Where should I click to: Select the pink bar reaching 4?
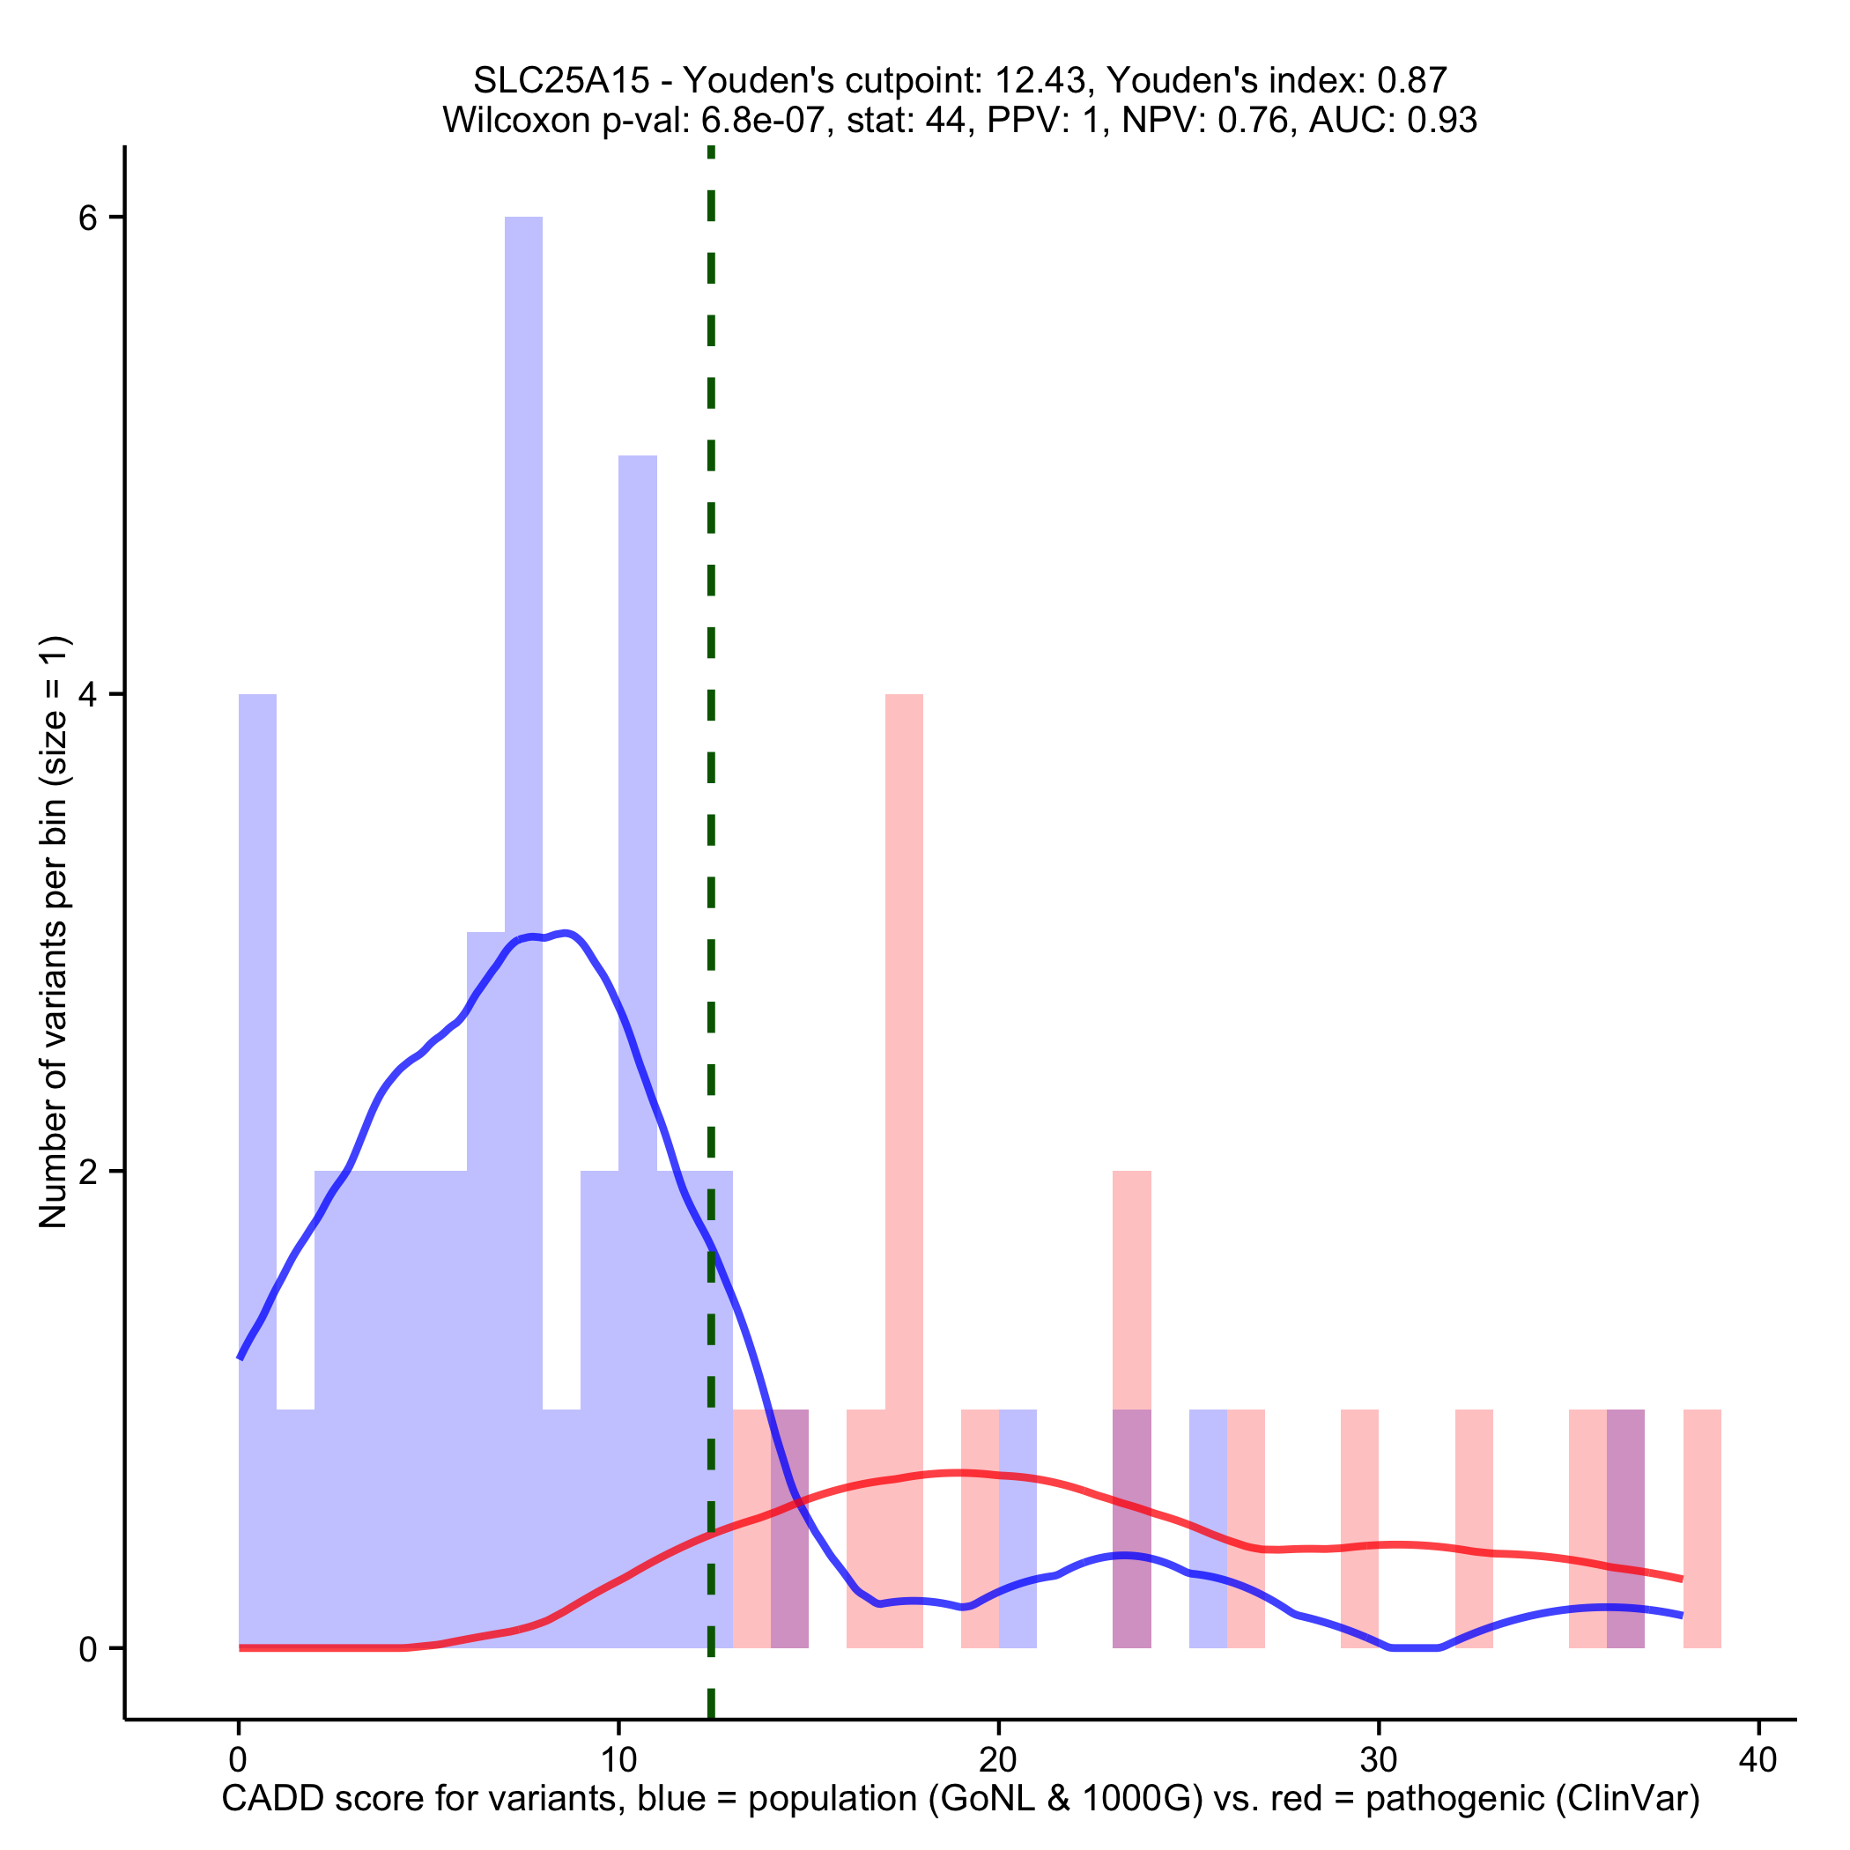(x=904, y=1054)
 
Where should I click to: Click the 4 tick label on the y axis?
(x=88, y=695)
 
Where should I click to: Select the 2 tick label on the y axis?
(x=88, y=1171)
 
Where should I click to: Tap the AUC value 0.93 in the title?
(x=1442, y=120)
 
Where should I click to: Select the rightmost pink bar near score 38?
(x=1702, y=1532)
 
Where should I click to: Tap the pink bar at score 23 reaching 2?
(x=1132, y=1292)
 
